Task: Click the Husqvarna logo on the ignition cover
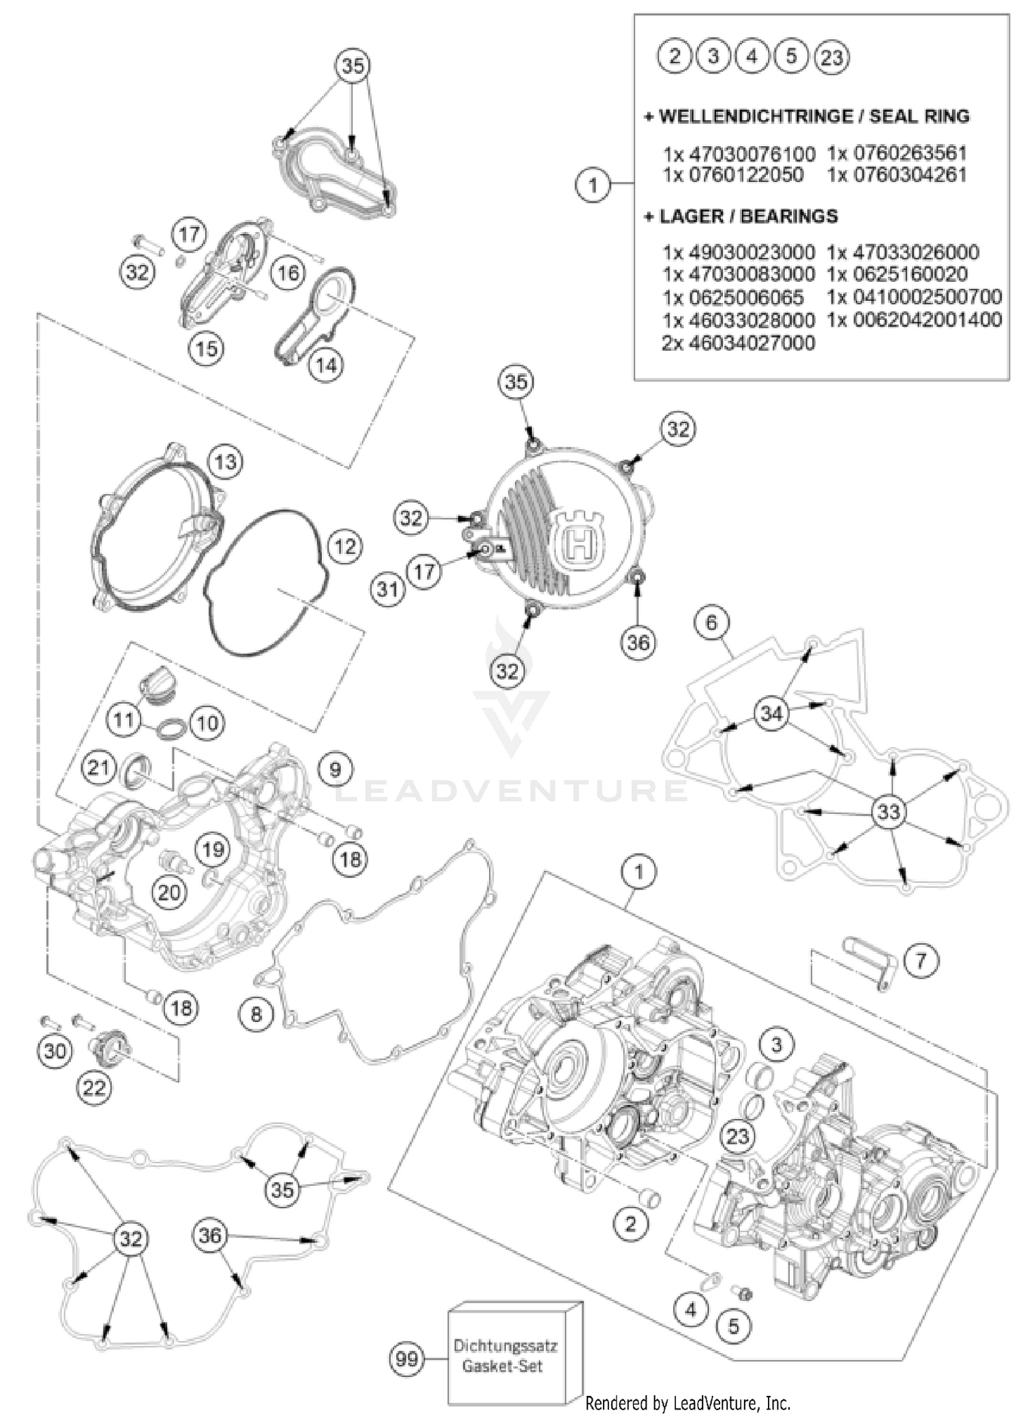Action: (x=578, y=541)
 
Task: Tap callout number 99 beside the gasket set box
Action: (x=407, y=1359)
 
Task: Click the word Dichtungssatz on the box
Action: (x=505, y=1346)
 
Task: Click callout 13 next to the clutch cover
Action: (x=225, y=462)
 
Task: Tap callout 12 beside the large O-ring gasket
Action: (x=345, y=546)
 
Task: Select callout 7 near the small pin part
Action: (x=921, y=961)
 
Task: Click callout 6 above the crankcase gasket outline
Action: (x=711, y=622)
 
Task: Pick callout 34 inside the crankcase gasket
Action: (x=771, y=714)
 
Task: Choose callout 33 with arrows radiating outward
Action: (x=889, y=812)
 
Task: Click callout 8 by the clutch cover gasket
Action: (x=256, y=1014)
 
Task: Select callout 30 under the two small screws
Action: (x=55, y=1051)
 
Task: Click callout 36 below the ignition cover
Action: (x=638, y=643)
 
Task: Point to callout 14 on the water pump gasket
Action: (x=325, y=365)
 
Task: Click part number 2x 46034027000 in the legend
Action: (x=739, y=342)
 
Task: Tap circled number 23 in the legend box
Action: (x=831, y=57)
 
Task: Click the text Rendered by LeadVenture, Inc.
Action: (x=688, y=1403)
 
